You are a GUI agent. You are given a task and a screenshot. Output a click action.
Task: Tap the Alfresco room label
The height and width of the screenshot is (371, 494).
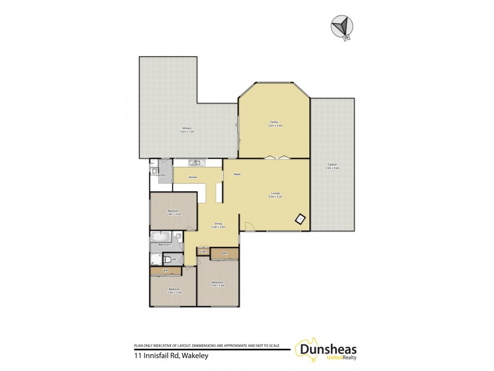187,130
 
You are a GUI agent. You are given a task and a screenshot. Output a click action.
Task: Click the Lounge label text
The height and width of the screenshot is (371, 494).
275,194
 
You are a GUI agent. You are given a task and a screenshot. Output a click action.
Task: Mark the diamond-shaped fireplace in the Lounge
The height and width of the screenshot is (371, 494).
301,218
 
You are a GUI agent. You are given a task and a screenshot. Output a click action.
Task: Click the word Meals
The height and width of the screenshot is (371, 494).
237,174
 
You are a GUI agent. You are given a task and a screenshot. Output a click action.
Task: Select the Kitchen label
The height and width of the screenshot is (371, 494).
193,177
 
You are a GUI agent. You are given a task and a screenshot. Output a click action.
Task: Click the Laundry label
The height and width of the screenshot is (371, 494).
162,175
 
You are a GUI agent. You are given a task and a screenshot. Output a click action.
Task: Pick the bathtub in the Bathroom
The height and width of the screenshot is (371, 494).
162,236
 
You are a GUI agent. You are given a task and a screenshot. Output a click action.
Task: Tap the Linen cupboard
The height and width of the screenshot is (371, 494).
203,252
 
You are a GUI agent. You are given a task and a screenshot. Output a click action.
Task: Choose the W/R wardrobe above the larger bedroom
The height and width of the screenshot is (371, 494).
225,254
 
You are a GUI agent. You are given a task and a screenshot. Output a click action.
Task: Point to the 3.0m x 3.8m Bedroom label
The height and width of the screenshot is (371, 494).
217,283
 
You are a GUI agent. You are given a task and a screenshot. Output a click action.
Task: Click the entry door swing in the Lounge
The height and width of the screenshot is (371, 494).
248,226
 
